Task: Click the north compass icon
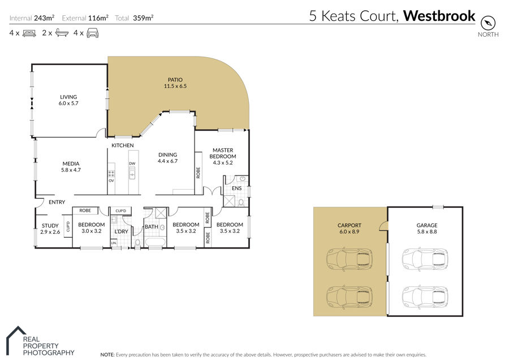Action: [x=488, y=23]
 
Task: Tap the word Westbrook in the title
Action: [x=439, y=16]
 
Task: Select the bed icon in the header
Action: [x=29, y=33]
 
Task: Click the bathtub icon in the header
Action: [x=62, y=33]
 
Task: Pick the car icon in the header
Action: [x=93, y=33]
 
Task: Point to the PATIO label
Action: [x=175, y=80]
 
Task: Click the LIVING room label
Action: [x=68, y=97]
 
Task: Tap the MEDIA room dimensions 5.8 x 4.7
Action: [x=71, y=170]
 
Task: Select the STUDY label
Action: [x=50, y=225]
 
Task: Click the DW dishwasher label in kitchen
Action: [x=132, y=164]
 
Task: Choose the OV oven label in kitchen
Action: [x=111, y=181]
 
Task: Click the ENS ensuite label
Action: [x=236, y=188]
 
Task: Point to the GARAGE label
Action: [x=427, y=225]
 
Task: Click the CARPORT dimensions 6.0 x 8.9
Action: [x=350, y=232]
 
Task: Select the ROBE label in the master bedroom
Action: [x=198, y=173]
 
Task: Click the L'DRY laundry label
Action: [x=121, y=232]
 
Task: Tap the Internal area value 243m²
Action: [x=44, y=18]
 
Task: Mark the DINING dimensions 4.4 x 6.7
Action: [x=167, y=161]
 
